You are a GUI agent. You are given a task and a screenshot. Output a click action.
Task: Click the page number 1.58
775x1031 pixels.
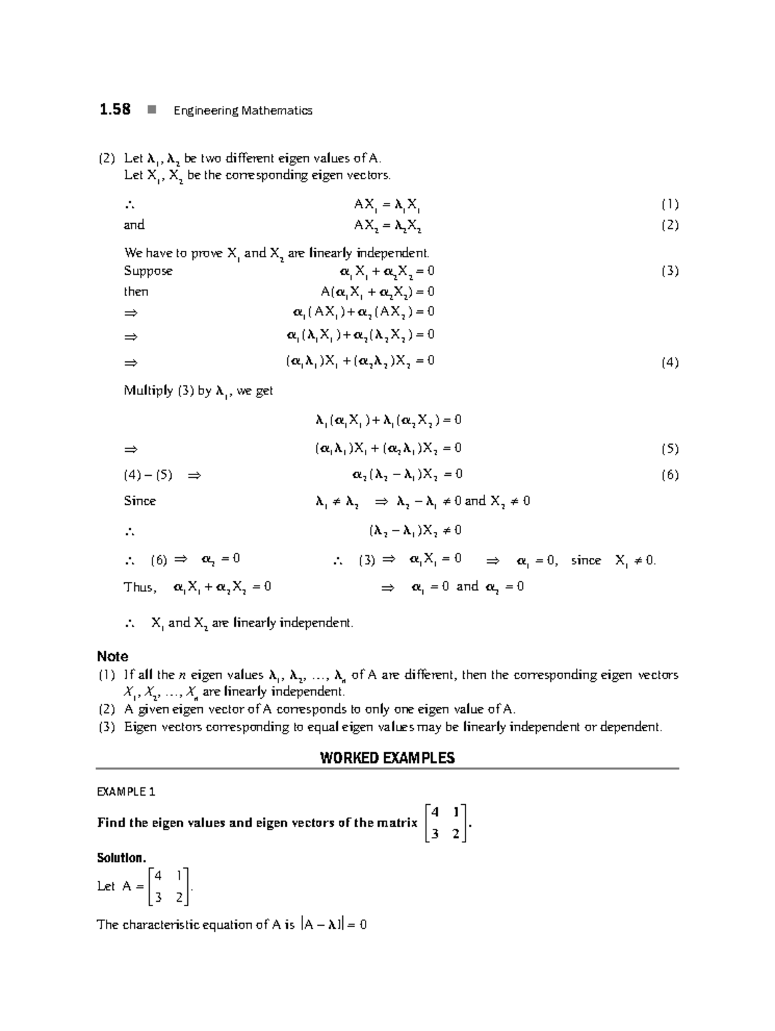[x=114, y=109]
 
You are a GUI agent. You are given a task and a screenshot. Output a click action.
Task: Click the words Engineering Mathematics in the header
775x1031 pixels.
[x=243, y=111]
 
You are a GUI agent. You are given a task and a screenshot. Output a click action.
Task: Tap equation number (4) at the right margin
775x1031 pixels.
[x=669, y=363]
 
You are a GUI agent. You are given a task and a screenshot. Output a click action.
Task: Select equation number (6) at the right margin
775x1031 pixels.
[x=669, y=475]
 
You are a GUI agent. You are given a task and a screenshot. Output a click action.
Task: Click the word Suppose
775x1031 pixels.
[x=148, y=271]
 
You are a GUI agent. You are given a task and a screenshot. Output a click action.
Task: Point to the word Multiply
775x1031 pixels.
[x=148, y=390]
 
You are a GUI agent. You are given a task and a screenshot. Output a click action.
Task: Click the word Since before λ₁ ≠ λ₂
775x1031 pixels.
[x=139, y=501]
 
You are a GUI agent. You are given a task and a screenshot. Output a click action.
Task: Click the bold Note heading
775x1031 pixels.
[x=112, y=656]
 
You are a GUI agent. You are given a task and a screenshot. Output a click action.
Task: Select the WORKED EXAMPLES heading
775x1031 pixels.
[x=387, y=758]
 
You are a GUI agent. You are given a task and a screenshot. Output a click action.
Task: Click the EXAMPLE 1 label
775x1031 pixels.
[x=126, y=792]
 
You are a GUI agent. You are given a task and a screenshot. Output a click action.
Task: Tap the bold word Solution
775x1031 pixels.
[x=121, y=858]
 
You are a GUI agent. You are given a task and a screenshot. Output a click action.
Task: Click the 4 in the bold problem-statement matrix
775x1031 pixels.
[x=435, y=812]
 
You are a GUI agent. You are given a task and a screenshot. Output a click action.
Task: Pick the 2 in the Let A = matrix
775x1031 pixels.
[x=179, y=897]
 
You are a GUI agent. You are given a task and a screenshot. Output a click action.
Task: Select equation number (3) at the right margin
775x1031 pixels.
[x=669, y=271]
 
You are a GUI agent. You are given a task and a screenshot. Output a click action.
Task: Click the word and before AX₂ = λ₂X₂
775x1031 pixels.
[x=134, y=225]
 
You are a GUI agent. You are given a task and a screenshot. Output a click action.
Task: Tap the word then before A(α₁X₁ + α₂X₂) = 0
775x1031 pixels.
[x=136, y=292]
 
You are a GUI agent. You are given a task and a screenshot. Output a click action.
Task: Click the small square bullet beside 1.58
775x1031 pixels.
[x=151, y=110]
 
